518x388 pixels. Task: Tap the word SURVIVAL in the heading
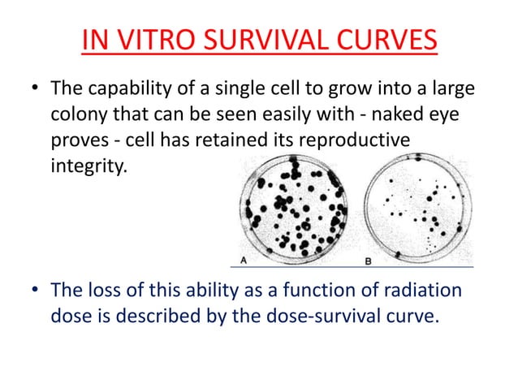[272, 40]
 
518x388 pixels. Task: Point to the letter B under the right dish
[368, 261]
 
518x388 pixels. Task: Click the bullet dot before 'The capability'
[34, 88]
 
